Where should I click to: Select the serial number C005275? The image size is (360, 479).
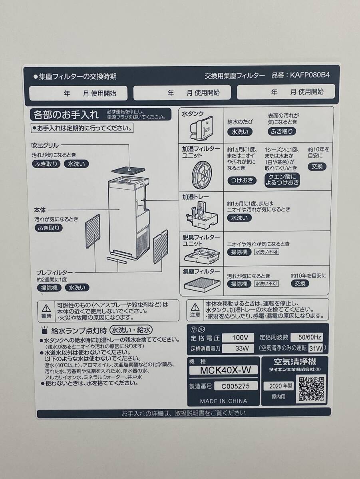(232, 386)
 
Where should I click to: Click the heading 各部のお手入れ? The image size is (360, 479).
(66, 115)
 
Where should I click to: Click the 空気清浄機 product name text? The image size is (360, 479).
(294, 362)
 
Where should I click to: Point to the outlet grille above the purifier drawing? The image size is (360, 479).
(129, 169)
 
